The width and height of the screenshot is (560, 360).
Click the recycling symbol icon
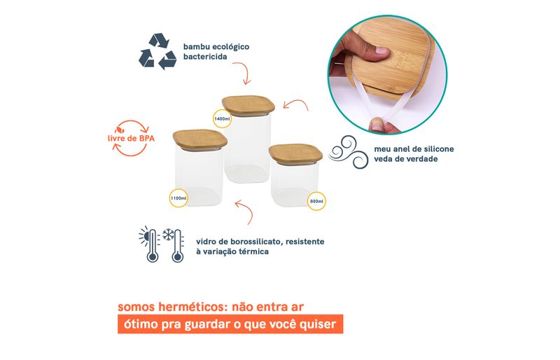pos(157,51)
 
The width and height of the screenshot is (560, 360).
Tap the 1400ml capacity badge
pos(222,118)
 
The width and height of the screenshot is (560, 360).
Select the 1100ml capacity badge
pos(178,198)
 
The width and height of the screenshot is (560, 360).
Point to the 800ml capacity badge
pos(316,201)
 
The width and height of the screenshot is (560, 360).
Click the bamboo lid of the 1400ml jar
pos(248,105)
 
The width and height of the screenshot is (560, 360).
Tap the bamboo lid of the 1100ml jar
pos(200,139)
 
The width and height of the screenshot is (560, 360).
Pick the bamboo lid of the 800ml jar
pos(295,153)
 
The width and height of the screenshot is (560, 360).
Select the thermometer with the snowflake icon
pos(174,245)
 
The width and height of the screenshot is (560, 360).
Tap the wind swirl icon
pos(348,152)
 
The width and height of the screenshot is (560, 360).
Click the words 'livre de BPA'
pos(131,139)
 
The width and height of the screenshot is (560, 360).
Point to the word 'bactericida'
pos(205,57)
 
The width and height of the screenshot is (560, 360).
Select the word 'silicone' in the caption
pos(440,148)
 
